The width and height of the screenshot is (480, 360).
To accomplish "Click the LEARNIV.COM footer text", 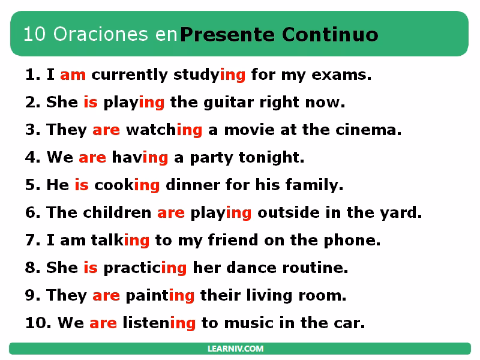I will [240, 349].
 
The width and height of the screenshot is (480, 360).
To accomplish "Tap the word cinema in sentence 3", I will [376, 130].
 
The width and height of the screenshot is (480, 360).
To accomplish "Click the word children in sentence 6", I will [117, 213].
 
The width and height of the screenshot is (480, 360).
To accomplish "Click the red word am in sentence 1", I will [73, 75].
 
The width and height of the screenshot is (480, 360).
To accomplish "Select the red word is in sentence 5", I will [82, 185].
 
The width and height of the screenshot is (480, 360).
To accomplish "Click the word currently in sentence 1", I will [129, 75].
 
